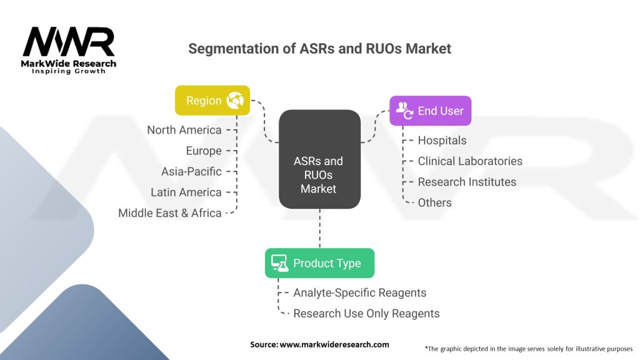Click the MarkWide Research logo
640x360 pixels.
tap(69, 50)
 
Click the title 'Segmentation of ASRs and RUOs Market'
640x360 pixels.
tap(319, 48)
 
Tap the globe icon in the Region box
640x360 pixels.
tap(236, 100)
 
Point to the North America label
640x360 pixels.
tap(184, 130)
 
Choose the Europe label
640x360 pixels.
tap(204, 151)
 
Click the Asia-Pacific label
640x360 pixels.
tap(191, 171)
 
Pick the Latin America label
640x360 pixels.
tap(186, 192)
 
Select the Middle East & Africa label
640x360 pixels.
tap(170, 212)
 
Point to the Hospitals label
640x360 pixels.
tap(442, 141)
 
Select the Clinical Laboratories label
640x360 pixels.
tap(470, 161)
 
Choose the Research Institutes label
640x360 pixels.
tap(467, 182)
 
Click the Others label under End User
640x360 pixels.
tap(434, 202)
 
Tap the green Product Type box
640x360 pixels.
tap(319, 263)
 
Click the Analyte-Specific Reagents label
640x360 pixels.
tap(360, 292)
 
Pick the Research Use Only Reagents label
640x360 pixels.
tap(366, 313)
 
